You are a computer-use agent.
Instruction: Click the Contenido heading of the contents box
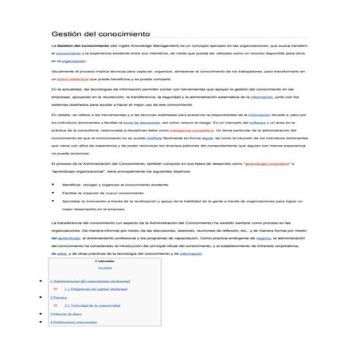104,261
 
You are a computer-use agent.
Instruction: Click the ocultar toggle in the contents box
104,268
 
